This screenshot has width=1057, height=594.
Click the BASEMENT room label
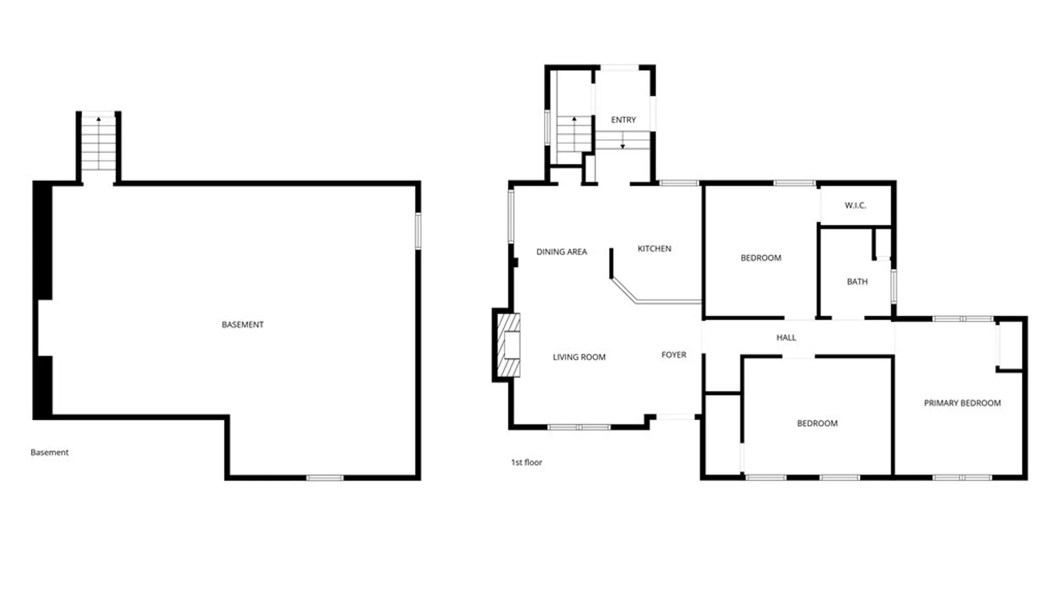click(x=242, y=324)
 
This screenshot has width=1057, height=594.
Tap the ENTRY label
click(x=623, y=119)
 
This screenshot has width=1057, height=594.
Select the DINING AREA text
click(x=562, y=251)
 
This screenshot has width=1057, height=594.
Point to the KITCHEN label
click(x=654, y=249)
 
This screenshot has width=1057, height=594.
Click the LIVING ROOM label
click(x=579, y=357)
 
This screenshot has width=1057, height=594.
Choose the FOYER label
click(x=674, y=355)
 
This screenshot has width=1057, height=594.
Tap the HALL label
click(x=786, y=337)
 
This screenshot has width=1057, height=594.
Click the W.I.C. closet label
click(x=856, y=205)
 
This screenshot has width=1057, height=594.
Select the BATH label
click(x=857, y=282)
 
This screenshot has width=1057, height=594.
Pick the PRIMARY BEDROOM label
click(x=962, y=403)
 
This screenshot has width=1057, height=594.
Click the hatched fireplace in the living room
click(x=508, y=345)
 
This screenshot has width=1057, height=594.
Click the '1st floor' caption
click(x=526, y=462)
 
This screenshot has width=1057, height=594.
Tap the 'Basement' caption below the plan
click(x=50, y=452)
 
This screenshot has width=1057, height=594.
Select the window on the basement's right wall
click(x=418, y=231)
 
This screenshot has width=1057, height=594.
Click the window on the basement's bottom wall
click(x=325, y=478)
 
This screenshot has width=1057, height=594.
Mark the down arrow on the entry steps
click(x=623, y=141)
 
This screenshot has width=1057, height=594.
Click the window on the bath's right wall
click(x=893, y=286)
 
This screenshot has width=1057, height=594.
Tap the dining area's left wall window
click(x=511, y=216)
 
